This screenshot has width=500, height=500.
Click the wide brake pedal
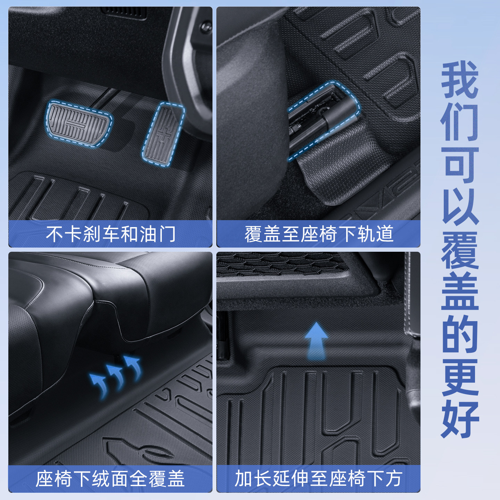click(78, 124)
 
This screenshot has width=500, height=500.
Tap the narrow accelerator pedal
click(162, 133)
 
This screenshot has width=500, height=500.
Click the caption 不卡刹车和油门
click(111, 234)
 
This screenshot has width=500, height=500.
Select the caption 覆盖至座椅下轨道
click(319, 234)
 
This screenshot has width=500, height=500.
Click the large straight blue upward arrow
click(316, 341)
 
